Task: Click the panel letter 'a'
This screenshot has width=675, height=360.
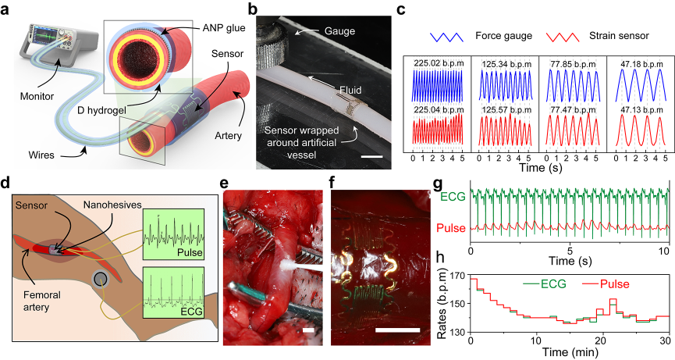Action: pos(7,9)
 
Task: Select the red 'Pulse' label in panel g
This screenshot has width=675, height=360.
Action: pos(452,230)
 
